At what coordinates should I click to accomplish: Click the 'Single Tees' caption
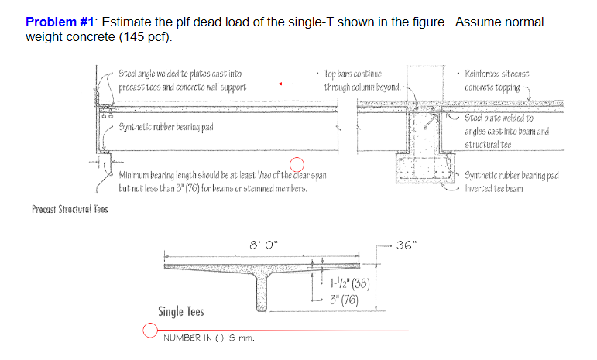(181, 311)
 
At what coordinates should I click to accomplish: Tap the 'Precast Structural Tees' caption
(70, 208)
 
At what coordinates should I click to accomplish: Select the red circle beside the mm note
(150, 331)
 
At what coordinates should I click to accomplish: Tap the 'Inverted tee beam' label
(495, 188)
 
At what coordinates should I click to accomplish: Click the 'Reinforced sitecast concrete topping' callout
(497, 81)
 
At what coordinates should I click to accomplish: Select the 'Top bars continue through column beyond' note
(362, 81)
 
